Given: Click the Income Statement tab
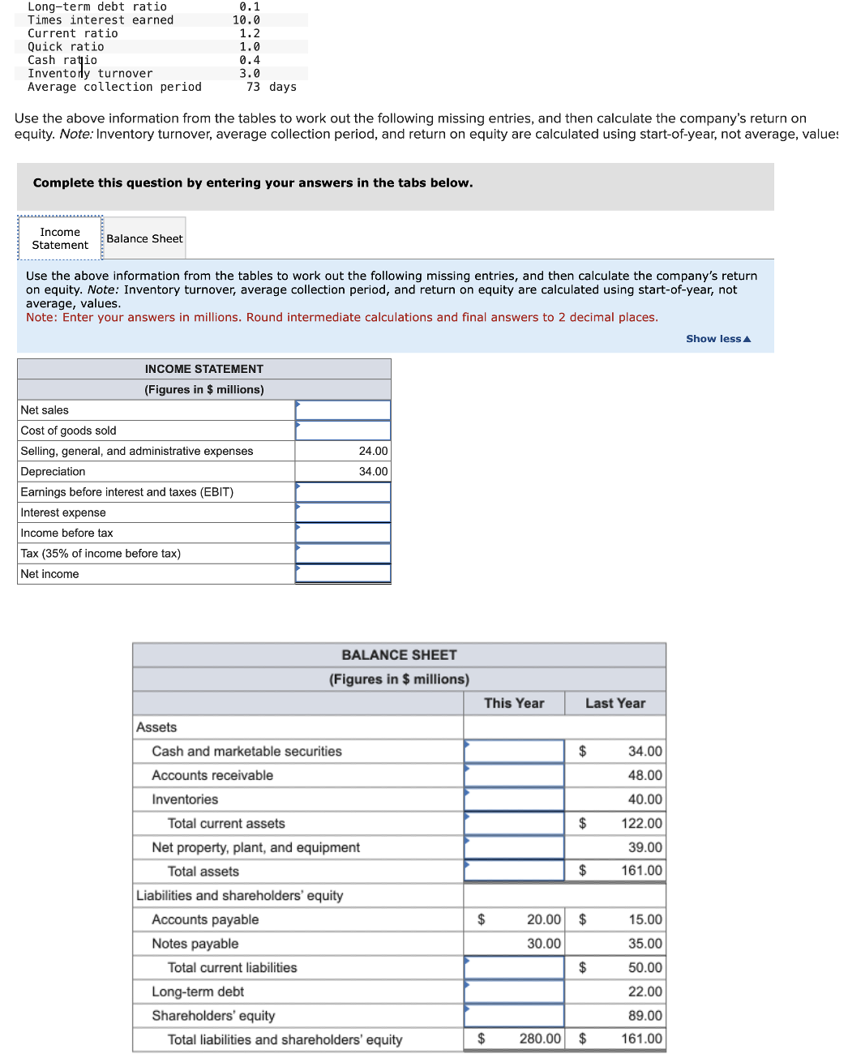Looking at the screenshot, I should pos(60,238).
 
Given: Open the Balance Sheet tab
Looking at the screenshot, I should pos(144,238).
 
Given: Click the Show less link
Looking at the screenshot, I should pos(717,339).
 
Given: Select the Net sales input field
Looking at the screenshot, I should pos(343,410).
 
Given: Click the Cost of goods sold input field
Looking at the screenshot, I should pos(343,431).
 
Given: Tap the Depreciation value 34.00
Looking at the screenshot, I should pos(373,472).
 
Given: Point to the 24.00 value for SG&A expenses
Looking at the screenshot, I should pos(373,452).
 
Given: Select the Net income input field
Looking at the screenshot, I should pos(343,574).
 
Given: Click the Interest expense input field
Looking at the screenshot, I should pos(343,512).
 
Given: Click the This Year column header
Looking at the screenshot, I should pos(514,703).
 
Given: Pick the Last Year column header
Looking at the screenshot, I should pos(615,703).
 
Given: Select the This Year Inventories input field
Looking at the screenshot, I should pos(514,799).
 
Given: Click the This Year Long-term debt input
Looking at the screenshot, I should pos(514,992).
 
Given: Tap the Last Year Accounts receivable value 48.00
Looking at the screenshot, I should pos(645,776).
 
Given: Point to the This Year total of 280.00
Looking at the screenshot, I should pos(540,1039).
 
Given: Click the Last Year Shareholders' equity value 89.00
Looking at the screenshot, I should pos(645,1016).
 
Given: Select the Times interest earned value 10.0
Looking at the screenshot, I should pos(246,20).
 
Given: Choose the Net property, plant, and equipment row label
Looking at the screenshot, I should pos(255,847).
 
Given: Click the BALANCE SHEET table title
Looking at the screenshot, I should pos(399,655).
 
